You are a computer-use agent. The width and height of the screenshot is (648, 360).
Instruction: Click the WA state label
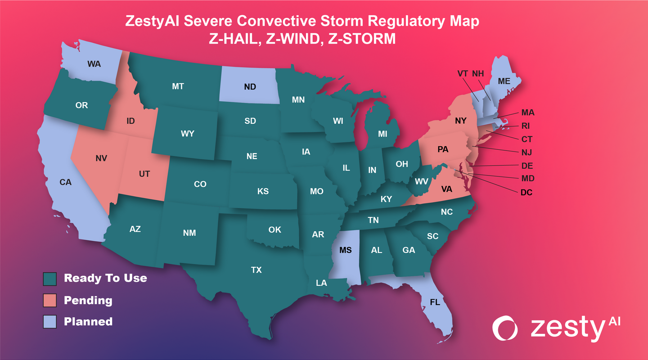(x=94, y=64)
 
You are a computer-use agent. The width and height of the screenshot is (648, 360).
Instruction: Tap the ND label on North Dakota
(x=250, y=87)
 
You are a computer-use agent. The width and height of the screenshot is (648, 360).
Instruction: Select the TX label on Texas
(x=256, y=270)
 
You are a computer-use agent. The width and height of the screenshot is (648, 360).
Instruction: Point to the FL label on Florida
(x=435, y=302)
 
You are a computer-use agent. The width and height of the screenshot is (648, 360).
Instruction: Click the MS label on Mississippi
(x=345, y=250)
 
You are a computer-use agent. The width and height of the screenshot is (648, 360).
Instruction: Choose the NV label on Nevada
(x=101, y=158)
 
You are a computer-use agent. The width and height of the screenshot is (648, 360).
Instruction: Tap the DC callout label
(x=526, y=193)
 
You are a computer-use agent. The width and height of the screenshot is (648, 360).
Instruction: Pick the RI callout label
(x=526, y=126)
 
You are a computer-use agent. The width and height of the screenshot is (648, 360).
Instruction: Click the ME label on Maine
(x=504, y=81)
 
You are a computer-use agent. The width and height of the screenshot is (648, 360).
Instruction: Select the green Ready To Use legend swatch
(x=50, y=279)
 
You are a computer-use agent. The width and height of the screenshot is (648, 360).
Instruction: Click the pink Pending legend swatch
(x=50, y=300)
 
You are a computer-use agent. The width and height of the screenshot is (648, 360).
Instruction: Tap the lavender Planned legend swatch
(x=50, y=322)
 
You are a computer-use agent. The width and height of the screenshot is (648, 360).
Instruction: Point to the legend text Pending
(x=88, y=300)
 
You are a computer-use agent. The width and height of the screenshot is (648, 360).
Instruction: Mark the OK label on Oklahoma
(x=274, y=229)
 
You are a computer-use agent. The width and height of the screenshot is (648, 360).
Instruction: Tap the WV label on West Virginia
(x=421, y=181)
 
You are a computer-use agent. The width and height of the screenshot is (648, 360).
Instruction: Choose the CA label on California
(x=66, y=182)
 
